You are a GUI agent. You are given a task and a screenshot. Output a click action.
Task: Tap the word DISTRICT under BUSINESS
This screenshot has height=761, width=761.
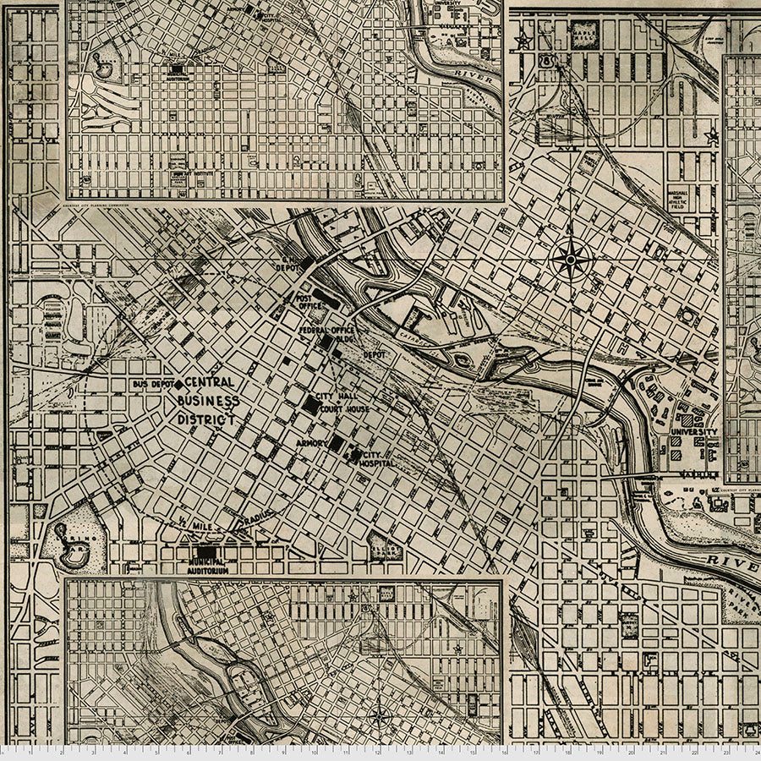(x=205, y=418)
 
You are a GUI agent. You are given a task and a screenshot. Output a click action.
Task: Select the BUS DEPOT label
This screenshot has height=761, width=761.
(x=152, y=385)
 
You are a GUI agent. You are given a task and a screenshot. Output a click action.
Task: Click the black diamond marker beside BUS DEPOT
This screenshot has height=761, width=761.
(x=178, y=385)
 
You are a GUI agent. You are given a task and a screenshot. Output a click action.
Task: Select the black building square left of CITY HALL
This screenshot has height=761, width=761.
(x=311, y=405)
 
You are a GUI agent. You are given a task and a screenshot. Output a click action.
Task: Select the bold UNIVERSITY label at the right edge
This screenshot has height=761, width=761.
(x=693, y=432)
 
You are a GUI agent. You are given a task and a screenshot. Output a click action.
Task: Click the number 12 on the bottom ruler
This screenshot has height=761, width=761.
(x=377, y=752)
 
